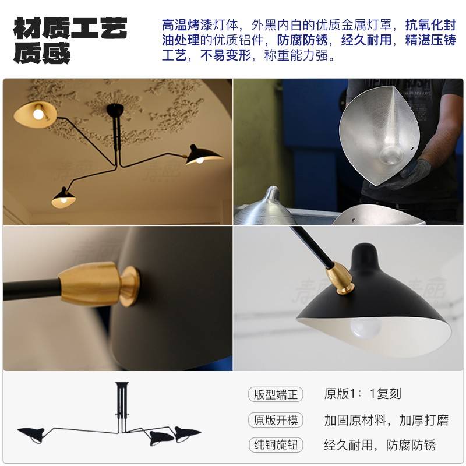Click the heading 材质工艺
click(x=70, y=28)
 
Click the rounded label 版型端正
click(x=276, y=394)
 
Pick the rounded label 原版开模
click(x=276, y=419)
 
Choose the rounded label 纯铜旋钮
click(x=276, y=445)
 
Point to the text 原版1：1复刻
click(x=362, y=394)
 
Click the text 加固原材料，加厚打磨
click(x=380, y=419)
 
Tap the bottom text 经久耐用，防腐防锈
click(x=380, y=445)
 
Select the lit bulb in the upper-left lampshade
click(x=38, y=114)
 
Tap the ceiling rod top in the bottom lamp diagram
click(x=122, y=386)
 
